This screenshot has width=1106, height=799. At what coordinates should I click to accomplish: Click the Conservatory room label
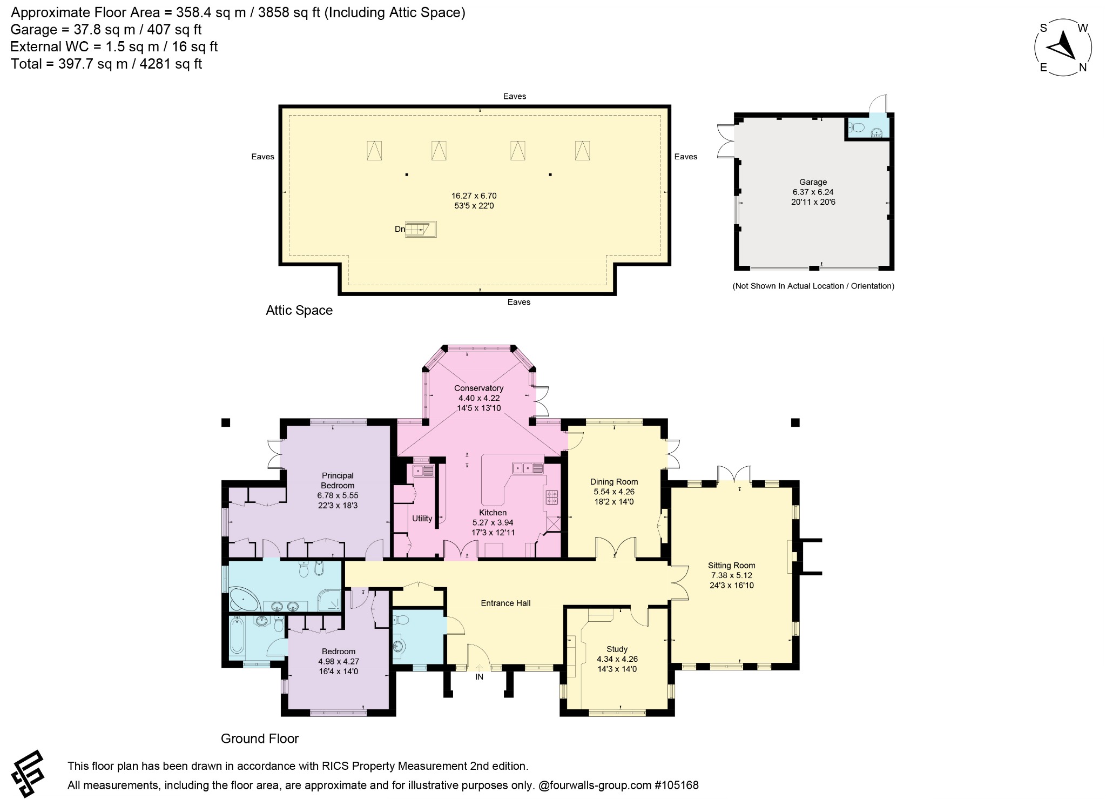pyautogui.click(x=478, y=388)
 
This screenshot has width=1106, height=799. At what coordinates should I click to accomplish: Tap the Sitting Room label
pyautogui.click(x=731, y=566)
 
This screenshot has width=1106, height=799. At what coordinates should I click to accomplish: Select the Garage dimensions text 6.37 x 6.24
pyautogui.click(x=813, y=192)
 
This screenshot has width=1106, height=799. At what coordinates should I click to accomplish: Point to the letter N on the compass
pyautogui.click(x=1083, y=68)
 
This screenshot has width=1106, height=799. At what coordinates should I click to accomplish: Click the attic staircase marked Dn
pyautogui.click(x=420, y=230)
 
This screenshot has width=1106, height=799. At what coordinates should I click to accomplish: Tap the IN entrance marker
pyautogui.click(x=479, y=676)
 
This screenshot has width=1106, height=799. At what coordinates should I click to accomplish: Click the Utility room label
pyautogui.click(x=422, y=519)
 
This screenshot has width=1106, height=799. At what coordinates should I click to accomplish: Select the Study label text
pyautogui.click(x=617, y=649)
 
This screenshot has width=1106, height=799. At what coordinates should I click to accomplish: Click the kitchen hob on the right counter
pyautogui.click(x=552, y=497)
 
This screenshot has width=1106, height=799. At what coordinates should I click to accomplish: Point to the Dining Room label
pyautogui.click(x=613, y=482)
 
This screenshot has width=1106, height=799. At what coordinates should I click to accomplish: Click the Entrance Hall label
pyautogui.click(x=505, y=603)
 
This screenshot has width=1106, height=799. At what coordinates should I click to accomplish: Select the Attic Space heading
pyautogui.click(x=299, y=311)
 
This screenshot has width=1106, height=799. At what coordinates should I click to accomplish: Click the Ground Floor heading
pyautogui.click(x=260, y=738)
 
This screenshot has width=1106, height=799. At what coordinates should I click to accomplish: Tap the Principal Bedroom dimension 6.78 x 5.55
pyautogui.click(x=338, y=495)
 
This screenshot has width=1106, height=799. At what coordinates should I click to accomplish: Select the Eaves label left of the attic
pyautogui.click(x=262, y=157)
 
